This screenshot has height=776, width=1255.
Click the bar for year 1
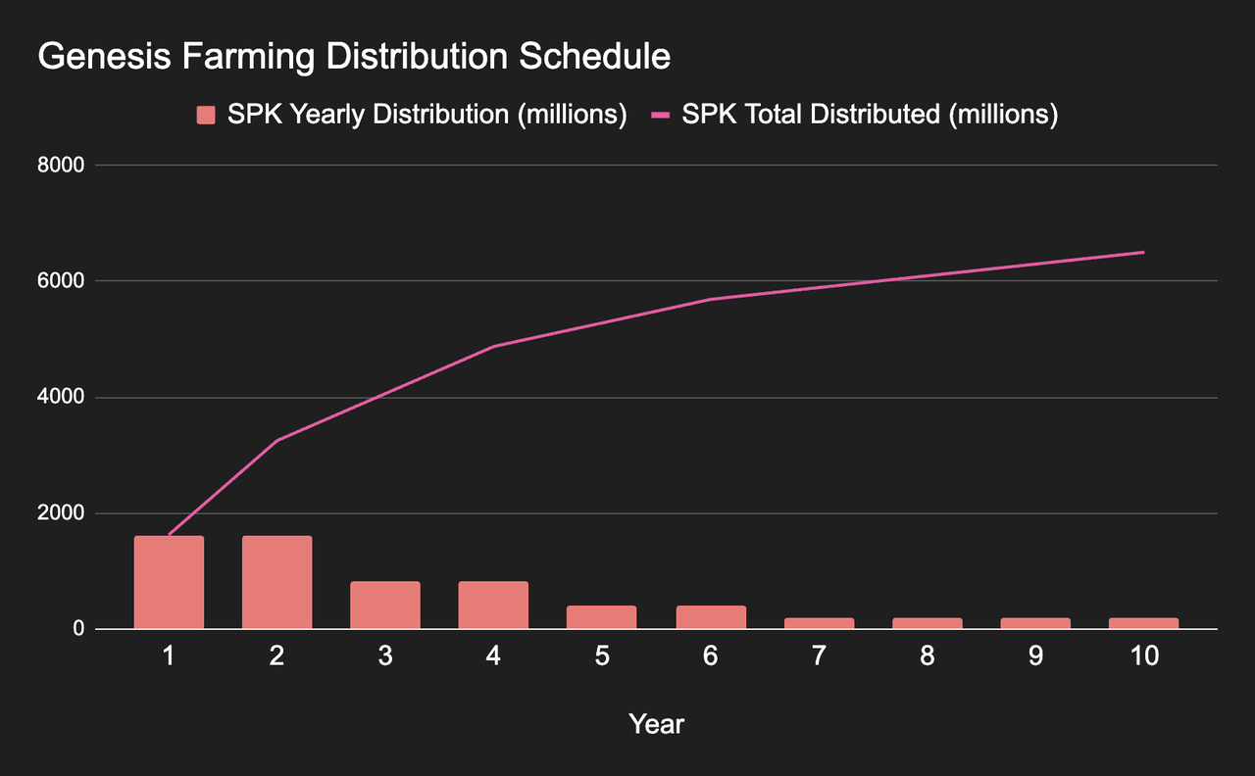pos(169,582)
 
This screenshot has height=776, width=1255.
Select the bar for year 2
pos(277,582)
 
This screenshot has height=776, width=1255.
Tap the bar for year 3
pos(385,605)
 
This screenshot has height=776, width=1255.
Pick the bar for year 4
pos(493,605)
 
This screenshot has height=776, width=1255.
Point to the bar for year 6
pos(711,617)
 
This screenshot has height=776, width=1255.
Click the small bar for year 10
pos(1143,623)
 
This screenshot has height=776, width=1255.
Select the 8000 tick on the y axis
pos(62,166)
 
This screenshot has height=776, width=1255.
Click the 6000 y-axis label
pos(62,281)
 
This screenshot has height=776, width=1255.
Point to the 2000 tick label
pos(62,513)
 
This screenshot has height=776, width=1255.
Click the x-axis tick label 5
pos(602,656)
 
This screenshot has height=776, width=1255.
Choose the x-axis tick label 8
pos(927,656)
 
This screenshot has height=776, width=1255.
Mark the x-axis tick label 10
pos(1143,656)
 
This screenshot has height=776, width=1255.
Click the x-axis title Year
pos(656,725)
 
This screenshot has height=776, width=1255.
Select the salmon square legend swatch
pos(206,116)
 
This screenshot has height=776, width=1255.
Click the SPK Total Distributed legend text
pos(870,115)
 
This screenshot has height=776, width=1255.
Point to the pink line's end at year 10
pos(1143,253)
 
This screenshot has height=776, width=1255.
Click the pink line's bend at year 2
pos(277,441)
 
